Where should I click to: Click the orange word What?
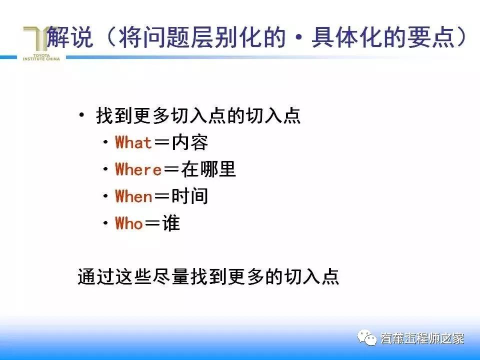[x=133, y=143]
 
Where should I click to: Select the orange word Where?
[x=138, y=170]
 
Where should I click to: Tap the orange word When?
[x=133, y=196]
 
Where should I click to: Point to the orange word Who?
[x=129, y=223]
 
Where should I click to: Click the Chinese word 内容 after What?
[x=189, y=143]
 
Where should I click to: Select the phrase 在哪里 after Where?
[x=207, y=170]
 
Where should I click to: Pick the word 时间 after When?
[x=189, y=196]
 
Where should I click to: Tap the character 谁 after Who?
[x=170, y=223]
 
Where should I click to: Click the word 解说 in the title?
[x=70, y=38]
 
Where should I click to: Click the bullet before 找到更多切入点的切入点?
[x=82, y=116]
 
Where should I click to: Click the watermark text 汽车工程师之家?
[x=422, y=338]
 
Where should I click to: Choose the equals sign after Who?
[x=152, y=224]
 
